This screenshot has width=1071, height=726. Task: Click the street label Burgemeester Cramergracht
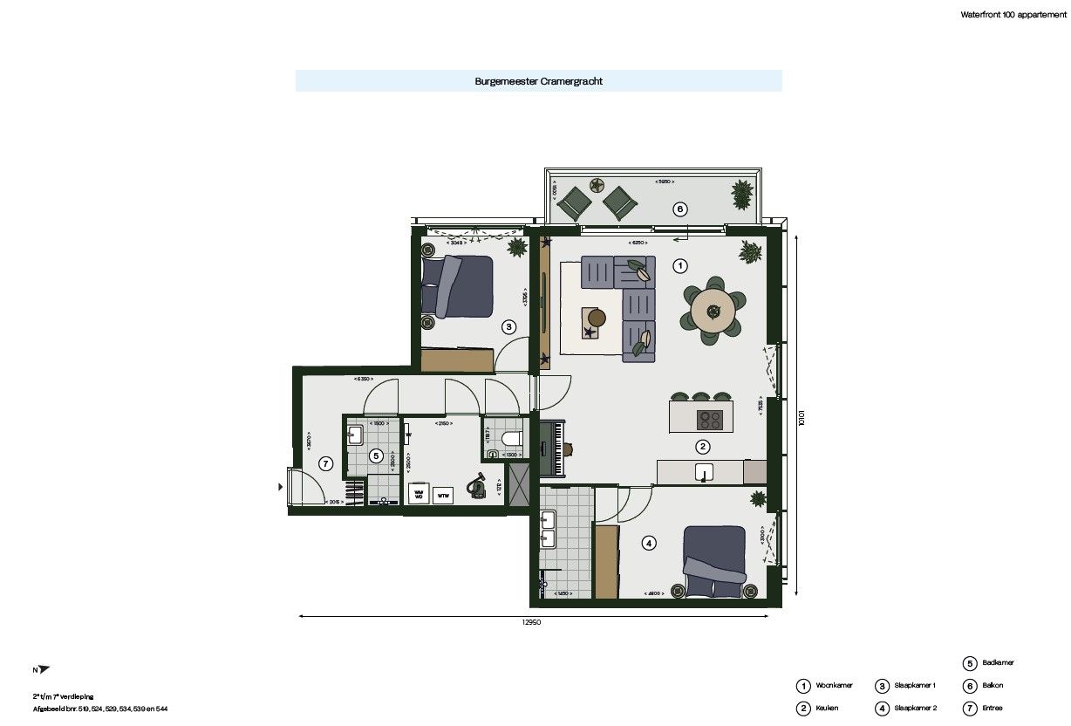[538, 81]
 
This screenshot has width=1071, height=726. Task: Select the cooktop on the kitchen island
[710, 420]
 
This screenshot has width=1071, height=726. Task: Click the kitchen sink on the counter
[703, 472]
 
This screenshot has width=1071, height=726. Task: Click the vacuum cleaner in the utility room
[477, 484]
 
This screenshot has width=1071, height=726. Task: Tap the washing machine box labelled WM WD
[418, 495]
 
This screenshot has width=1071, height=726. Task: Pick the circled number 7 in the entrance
[325, 463]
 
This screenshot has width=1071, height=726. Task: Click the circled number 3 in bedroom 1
[509, 327]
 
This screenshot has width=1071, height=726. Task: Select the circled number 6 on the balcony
[679, 209]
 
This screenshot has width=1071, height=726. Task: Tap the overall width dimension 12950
[534, 623]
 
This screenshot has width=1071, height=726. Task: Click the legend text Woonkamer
[834, 686]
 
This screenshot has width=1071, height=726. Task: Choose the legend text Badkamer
[997, 663]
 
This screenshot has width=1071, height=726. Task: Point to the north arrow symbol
[43, 669]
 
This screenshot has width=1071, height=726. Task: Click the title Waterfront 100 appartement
[1012, 15]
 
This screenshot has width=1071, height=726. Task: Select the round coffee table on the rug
[597, 316]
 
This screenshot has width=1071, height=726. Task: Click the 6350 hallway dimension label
[364, 380]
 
